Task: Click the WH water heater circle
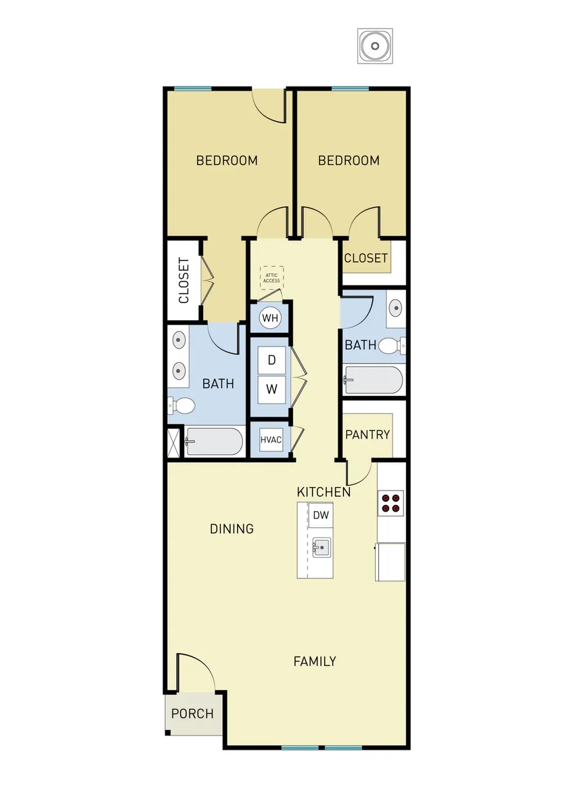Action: [x=270, y=318]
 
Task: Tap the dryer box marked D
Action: [x=271, y=360]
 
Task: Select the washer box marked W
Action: [x=271, y=390]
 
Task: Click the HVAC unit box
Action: [x=271, y=440]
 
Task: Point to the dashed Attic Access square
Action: [x=271, y=278]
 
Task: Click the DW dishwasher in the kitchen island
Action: [x=321, y=515]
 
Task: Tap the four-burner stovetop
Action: [x=391, y=503]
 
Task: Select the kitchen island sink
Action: [x=322, y=547]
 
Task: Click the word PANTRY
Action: [x=368, y=434]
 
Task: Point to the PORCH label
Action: [x=192, y=713]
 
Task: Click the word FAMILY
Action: [x=315, y=661]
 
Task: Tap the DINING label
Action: [x=231, y=529]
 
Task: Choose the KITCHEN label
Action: [x=324, y=492]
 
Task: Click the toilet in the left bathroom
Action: [x=181, y=405]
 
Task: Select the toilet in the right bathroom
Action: [x=392, y=346]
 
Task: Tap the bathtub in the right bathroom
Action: [x=374, y=380]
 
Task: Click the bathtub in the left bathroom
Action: [x=214, y=441]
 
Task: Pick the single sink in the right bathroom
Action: [x=395, y=309]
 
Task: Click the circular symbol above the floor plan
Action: [x=375, y=46]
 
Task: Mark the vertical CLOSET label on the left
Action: [x=184, y=281]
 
